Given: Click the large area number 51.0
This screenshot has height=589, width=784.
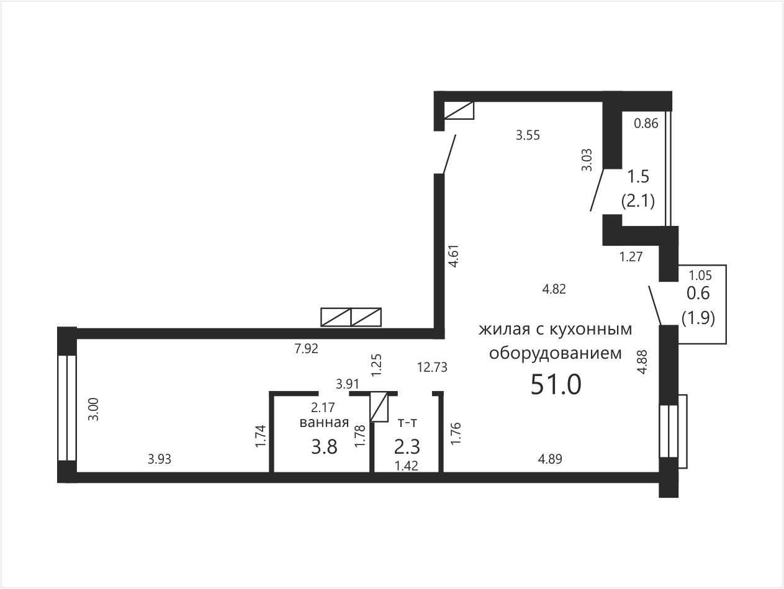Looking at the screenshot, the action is [556, 384].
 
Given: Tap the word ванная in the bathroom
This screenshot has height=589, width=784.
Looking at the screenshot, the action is [324, 423].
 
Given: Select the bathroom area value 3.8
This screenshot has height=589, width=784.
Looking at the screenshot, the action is [324, 447].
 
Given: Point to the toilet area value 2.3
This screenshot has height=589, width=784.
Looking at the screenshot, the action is [407, 447].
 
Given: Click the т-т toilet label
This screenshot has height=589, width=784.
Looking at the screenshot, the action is [407, 423].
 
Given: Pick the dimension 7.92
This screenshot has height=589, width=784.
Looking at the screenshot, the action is [306, 348].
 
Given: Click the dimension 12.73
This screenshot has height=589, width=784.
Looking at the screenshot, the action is [432, 367].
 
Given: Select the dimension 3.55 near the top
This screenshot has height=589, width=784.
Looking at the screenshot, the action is [528, 135].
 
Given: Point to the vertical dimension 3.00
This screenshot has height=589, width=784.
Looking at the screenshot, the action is [93, 409].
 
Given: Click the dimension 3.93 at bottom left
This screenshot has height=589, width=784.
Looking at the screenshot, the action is [160, 459].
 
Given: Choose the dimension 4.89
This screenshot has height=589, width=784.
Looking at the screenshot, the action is [550, 459].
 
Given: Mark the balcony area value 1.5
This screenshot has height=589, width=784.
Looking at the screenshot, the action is [638, 177].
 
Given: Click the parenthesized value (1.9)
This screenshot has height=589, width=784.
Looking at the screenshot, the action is [698, 317].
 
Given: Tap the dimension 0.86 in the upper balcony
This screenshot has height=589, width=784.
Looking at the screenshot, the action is [646, 124].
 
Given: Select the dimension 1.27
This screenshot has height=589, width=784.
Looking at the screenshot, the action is [631, 257].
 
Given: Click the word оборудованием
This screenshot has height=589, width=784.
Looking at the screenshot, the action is [556, 353].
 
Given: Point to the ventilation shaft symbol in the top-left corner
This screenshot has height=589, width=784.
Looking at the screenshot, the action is [459, 110].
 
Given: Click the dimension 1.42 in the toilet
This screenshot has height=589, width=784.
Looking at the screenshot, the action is [407, 466].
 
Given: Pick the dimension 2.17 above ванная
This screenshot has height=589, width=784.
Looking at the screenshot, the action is [323, 407].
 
